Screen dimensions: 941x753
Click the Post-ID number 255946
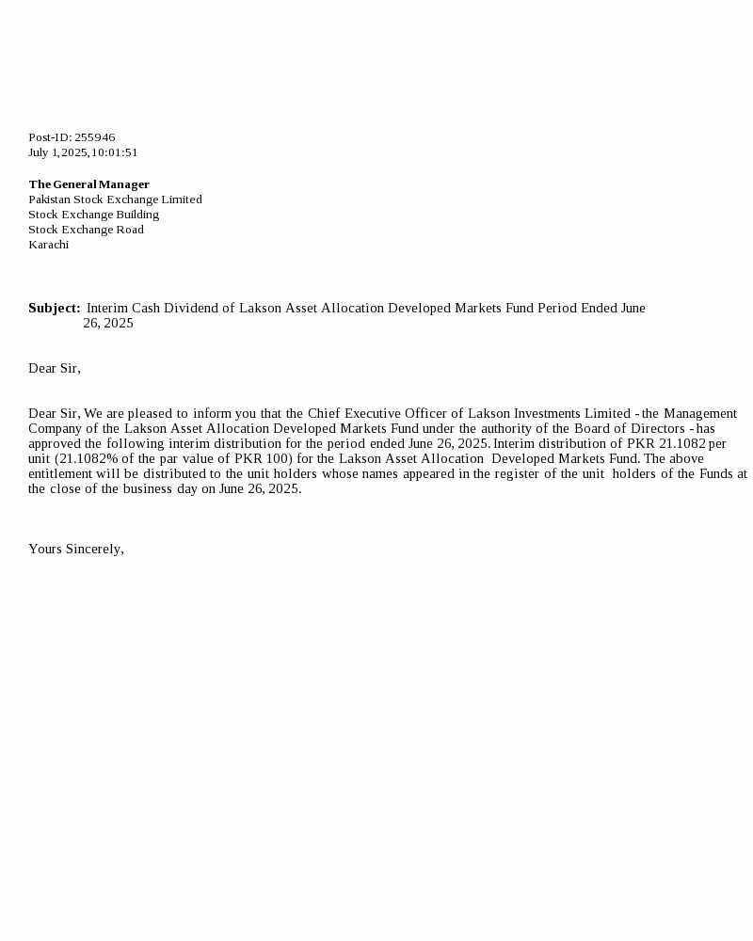tap(94, 137)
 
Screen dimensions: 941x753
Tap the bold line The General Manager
tap(88, 184)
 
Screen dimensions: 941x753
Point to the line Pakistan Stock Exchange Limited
tap(115, 199)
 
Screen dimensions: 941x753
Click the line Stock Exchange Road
tap(86, 230)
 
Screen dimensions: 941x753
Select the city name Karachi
tap(48, 245)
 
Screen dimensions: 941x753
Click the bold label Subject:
tap(54, 308)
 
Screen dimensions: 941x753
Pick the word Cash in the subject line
tap(146, 308)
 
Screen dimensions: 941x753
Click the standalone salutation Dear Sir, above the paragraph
tap(55, 368)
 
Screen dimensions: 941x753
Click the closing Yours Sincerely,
tap(76, 549)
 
